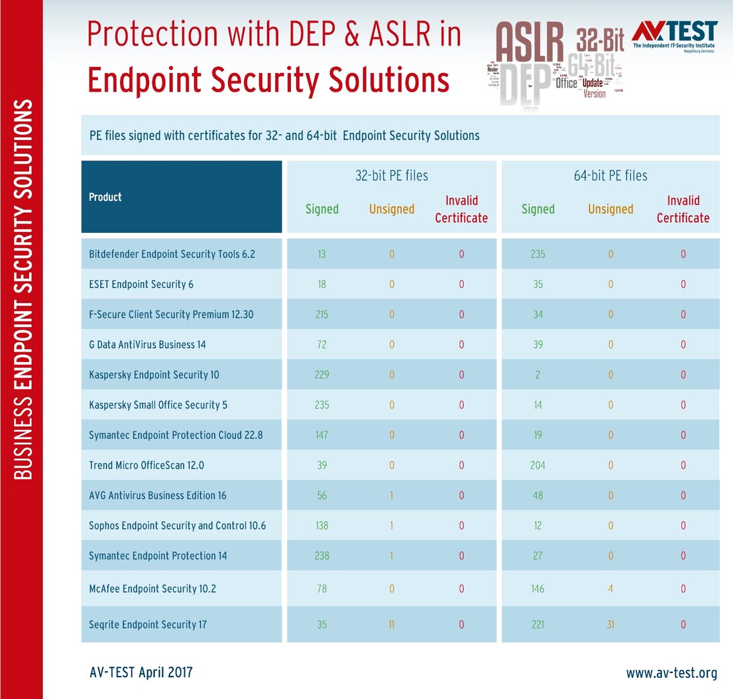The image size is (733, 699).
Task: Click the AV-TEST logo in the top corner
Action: point(675,36)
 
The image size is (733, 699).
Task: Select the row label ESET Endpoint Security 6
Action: point(141,285)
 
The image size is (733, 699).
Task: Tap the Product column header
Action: point(105,197)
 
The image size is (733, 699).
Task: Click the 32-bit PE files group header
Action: point(391,176)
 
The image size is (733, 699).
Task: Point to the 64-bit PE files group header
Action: point(610,176)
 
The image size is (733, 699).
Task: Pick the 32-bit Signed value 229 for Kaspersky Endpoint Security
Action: point(322,375)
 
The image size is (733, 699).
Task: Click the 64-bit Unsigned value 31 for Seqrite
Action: point(610,624)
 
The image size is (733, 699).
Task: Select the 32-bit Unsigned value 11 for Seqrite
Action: point(391,624)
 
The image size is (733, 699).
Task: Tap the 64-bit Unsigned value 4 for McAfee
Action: point(610,588)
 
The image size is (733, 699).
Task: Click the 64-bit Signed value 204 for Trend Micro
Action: point(537,465)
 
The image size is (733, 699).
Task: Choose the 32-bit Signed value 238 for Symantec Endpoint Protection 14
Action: point(322,556)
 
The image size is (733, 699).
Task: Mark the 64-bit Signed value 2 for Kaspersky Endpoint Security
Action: point(537,375)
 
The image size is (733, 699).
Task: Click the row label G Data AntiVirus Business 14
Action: point(142,345)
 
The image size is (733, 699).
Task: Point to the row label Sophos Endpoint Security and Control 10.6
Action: point(178,525)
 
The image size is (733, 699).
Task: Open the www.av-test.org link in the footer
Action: point(671,673)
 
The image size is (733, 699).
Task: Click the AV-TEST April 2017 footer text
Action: point(141,672)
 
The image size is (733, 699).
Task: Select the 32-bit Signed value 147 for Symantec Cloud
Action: point(322,435)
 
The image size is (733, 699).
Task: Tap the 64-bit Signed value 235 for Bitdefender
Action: point(537,254)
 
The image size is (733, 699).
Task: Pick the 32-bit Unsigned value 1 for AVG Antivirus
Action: point(391,495)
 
